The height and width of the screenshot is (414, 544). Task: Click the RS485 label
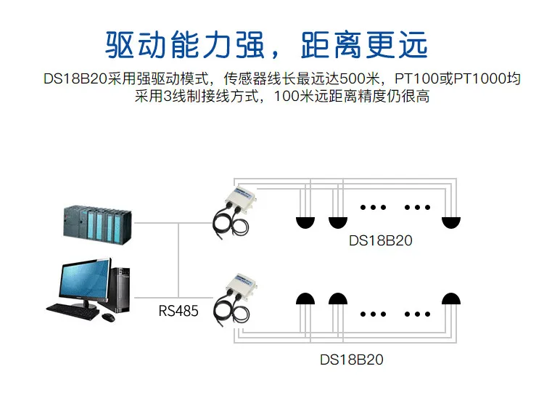(178, 311)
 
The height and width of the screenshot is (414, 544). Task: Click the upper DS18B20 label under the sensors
(381, 240)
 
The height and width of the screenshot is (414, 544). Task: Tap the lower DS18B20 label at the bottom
(352, 360)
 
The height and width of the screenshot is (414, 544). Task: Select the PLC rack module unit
(97, 224)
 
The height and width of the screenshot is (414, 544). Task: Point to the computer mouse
(108, 317)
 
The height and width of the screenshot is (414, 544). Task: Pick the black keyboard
(73, 312)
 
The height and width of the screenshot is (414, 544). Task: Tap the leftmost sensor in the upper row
(305, 223)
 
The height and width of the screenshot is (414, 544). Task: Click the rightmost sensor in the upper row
(450, 223)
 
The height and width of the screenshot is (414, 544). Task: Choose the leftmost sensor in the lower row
(305, 299)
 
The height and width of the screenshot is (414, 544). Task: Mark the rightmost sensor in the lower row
(450, 299)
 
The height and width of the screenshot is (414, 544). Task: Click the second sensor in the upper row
(338, 223)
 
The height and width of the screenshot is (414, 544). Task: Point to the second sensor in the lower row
(338, 299)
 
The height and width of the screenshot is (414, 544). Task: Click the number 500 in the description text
(352, 79)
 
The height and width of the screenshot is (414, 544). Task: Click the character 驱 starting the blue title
(120, 45)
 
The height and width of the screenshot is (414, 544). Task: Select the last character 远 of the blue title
(413, 45)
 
